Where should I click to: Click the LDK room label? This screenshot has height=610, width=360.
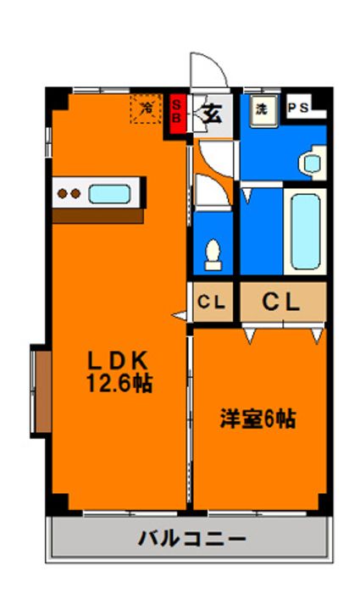[118, 361]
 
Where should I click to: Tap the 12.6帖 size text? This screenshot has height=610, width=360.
[119, 383]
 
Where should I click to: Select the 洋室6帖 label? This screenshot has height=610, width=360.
[258, 419]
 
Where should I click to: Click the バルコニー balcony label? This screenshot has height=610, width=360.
[192, 539]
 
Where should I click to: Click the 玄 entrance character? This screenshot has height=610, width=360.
[212, 114]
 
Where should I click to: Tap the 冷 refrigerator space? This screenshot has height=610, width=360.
[146, 108]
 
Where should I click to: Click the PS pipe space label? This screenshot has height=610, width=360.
[298, 108]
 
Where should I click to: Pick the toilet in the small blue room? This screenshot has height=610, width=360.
[213, 255]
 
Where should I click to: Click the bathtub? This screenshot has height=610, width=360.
[305, 231]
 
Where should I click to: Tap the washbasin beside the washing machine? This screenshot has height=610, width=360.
[313, 163]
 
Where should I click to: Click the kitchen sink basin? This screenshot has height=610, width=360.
[109, 194]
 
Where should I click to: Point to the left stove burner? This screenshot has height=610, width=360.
[62, 193]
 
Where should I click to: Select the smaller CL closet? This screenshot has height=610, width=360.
[213, 302]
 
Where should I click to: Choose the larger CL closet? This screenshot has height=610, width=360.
[283, 302]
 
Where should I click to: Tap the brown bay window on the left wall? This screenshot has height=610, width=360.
[42, 391]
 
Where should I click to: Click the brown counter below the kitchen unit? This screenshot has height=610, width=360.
[98, 216]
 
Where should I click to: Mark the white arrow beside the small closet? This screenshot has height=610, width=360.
[180, 315]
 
